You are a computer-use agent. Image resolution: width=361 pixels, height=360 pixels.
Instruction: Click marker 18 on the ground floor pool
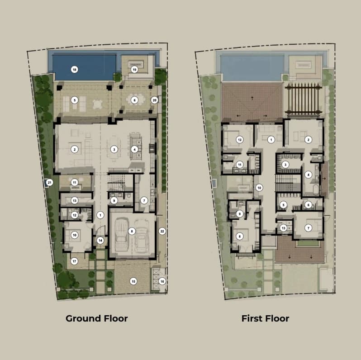point(74,70)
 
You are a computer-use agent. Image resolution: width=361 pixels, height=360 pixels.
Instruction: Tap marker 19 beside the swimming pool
point(134,70)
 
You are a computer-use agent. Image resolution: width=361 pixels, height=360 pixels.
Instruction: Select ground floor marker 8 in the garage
point(132,231)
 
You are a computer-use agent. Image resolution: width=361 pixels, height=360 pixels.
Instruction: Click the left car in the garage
point(122,235)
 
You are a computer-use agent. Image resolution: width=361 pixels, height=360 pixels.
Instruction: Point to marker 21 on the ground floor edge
point(49,183)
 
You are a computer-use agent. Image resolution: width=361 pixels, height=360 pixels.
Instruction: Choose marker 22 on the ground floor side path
point(162,231)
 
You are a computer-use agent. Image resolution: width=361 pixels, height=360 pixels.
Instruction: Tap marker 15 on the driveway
point(133,281)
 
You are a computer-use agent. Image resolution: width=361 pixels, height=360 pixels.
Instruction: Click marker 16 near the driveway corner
point(162,281)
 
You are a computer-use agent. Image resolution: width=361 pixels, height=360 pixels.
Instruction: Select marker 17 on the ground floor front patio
point(74,261)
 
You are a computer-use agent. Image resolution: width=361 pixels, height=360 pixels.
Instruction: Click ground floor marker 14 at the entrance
point(100,241)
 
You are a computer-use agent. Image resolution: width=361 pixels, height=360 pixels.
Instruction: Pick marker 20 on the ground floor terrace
point(154,100)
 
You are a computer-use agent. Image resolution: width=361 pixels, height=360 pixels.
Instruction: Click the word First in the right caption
point(251,318)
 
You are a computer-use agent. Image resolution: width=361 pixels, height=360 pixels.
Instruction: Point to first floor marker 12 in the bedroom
point(240,140)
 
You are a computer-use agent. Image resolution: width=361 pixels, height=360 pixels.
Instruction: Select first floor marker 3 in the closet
point(285,165)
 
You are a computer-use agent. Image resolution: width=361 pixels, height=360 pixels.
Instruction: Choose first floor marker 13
point(283,228)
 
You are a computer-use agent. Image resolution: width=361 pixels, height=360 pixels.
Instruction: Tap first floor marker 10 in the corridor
point(259,188)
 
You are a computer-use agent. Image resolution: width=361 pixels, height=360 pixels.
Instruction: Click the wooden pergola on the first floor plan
point(303,99)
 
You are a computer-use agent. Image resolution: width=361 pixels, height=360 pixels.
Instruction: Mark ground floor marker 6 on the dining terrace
point(134,100)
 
